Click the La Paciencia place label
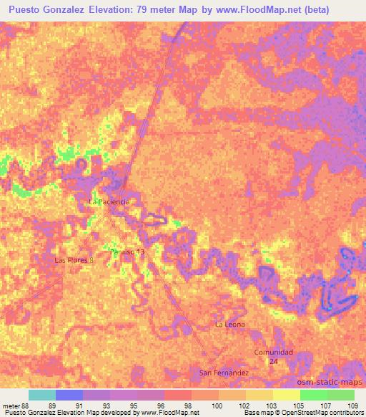(x=108, y=202)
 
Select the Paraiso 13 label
(x=127, y=252)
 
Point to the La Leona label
(x=230, y=325)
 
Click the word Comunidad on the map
(x=274, y=352)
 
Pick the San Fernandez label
(x=224, y=373)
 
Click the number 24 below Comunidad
(x=274, y=362)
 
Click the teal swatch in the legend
(x=41, y=395)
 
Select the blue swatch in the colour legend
(x=69, y=395)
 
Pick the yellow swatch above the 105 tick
(x=287, y=395)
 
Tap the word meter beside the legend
(x=12, y=406)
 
